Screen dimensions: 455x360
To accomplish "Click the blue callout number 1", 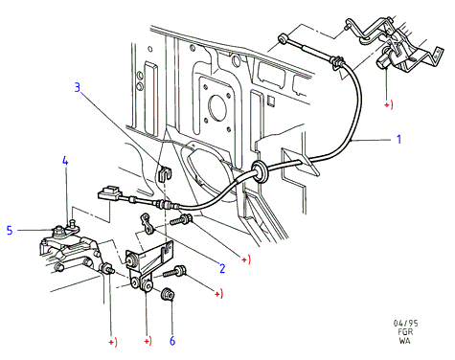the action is [x=398, y=139].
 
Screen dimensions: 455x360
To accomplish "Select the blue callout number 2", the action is [x=222, y=268].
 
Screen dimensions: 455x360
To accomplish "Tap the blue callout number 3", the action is [x=78, y=87].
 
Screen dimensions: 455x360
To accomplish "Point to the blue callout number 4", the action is [x=65, y=161].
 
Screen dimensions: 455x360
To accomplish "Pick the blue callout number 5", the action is [x=10, y=230].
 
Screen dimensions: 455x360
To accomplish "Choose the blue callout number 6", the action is [x=172, y=341].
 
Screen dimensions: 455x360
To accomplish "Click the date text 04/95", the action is [x=405, y=324].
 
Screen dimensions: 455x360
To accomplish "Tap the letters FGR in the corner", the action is [x=405, y=332].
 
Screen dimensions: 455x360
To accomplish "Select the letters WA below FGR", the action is [x=404, y=341].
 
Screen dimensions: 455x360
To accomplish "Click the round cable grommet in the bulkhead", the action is [x=260, y=171].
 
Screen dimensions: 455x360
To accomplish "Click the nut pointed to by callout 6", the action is [x=168, y=294].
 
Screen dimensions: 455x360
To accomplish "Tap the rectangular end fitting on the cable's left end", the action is [x=109, y=193].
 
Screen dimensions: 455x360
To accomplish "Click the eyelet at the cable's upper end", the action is [x=284, y=38].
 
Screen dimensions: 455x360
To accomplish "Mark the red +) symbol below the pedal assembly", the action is [x=389, y=104].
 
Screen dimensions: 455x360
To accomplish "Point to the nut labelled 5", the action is [x=58, y=231].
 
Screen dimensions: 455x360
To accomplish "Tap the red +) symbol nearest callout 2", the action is [x=245, y=259].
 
